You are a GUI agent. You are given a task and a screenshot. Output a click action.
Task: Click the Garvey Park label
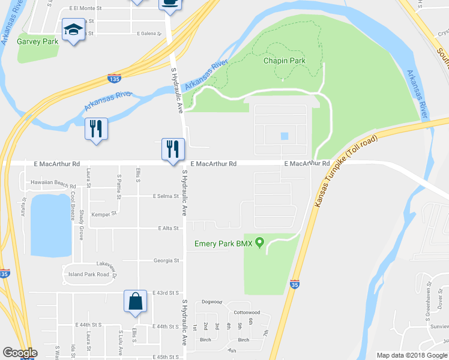click(x=38, y=42)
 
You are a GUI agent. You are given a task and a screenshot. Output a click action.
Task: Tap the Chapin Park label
click(x=284, y=61)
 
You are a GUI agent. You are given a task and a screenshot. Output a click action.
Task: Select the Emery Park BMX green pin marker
click(x=259, y=243)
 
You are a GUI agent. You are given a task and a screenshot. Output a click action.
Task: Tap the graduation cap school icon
click(x=73, y=29)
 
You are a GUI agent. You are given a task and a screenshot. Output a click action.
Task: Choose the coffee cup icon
click(x=170, y=3)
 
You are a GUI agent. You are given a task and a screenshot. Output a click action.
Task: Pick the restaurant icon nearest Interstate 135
click(x=96, y=128)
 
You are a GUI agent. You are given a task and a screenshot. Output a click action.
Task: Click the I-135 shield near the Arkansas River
click(x=113, y=79)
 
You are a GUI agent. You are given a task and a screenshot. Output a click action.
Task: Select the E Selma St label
click(x=166, y=196)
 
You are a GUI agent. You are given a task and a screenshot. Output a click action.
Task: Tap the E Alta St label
click(x=169, y=228)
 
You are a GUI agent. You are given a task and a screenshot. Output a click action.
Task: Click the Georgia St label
click(x=166, y=260)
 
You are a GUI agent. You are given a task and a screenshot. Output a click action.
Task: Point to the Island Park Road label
click(x=89, y=274)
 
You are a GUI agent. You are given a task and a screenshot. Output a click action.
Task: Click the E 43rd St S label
click(x=166, y=292)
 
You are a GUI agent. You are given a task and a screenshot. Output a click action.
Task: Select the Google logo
click(x=20, y=353)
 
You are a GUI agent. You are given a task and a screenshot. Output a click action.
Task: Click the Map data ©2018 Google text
click(x=411, y=355)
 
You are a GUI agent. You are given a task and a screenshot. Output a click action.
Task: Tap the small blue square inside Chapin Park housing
click(x=284, y=136)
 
